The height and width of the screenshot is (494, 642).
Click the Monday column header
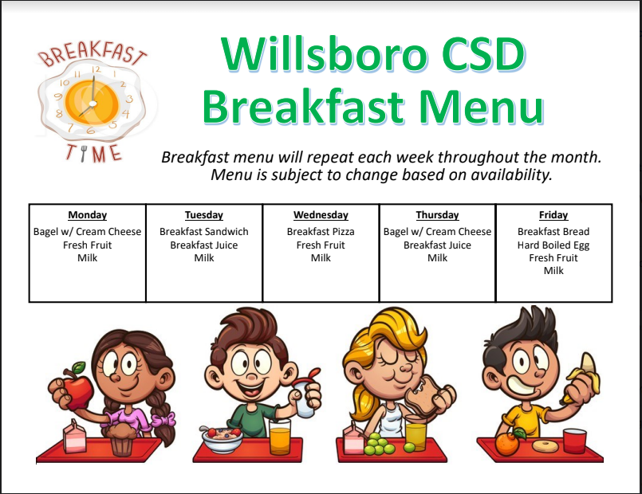(87, 215)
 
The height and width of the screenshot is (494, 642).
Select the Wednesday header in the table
(321, 215)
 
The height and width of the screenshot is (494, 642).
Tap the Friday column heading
(553, 215)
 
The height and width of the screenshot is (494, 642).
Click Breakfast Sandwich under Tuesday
(204, 231)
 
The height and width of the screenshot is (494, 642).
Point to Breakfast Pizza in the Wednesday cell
(321, 231)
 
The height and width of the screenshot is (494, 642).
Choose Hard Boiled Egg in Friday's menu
(553, 245)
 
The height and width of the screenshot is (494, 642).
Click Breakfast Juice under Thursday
(437, 245)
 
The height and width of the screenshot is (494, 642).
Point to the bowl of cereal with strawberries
(223, 439)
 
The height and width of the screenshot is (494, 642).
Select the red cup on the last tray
(574, 441)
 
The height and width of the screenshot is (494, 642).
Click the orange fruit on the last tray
(507, 443)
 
